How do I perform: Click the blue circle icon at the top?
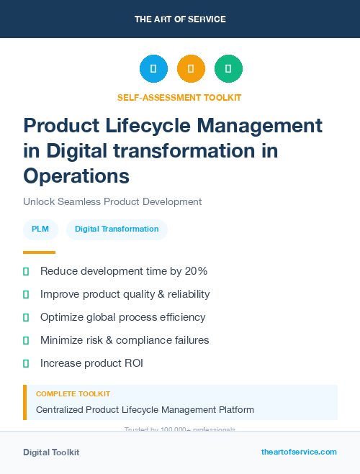[x=153, y=69]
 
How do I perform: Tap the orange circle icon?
[x=191, y=69]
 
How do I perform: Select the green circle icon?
[x=228, y=69]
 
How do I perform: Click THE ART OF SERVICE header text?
[x=180, y=19]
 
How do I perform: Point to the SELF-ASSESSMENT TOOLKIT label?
[x=179, y=97]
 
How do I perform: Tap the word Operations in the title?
[x=76, y=175]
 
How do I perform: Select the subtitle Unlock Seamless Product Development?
[x=112, y=202]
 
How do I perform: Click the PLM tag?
[x=40, y=229]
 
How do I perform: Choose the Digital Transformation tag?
[x=117, y=229]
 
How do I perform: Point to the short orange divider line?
[x=39, y=252]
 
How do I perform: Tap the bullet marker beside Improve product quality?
[x=26, y=294]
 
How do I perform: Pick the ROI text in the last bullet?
[x=132, y=363]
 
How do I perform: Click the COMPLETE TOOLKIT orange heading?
[x=73, y=394]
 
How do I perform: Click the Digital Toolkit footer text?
[x=51, y=452]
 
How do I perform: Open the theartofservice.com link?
[x=299, y=452]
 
